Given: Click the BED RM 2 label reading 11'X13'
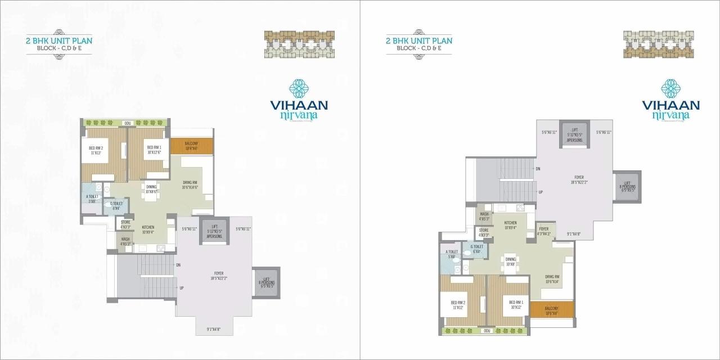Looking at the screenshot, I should pos(95,150).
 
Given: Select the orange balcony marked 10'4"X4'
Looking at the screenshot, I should pos(191,146).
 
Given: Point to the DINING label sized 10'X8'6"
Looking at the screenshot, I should pos(151,189).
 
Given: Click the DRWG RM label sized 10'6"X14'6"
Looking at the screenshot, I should pos(191,184).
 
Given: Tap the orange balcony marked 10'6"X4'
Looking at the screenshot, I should pos(551,310).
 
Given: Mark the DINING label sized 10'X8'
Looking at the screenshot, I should pos(510,262).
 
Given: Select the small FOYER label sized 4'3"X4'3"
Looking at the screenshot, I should pos(544,231).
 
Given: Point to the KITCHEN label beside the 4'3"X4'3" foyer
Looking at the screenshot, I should pos(510,225).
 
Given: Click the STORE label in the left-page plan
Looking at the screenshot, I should pos(125,225).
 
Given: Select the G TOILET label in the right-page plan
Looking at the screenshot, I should pos(475,249).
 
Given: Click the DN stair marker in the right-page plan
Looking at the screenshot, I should pos(538,169).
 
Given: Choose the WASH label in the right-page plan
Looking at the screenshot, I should pos(484,216).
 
